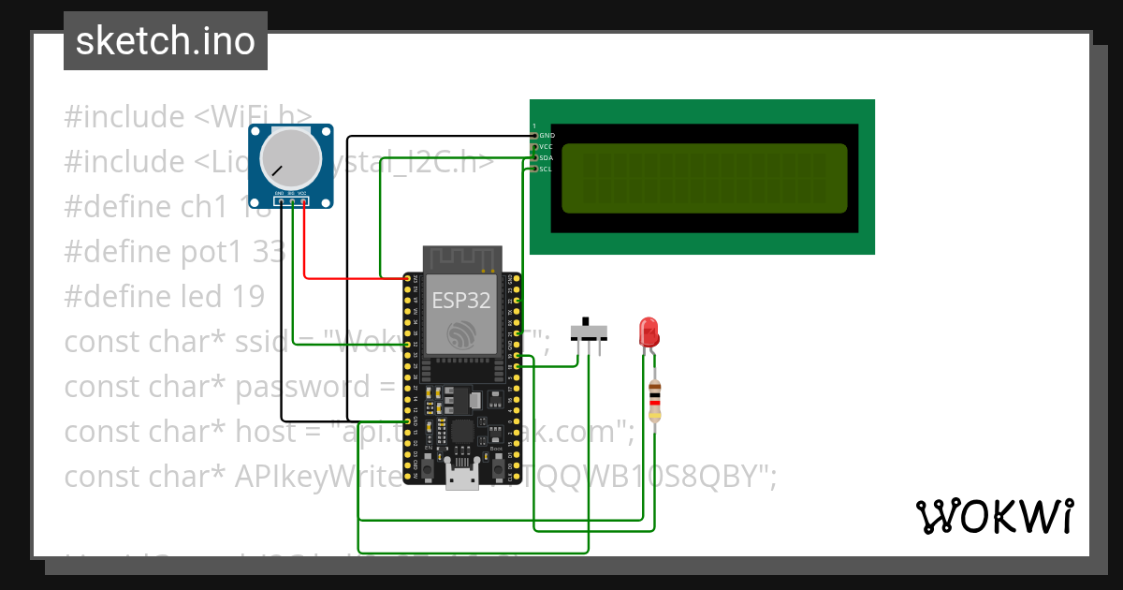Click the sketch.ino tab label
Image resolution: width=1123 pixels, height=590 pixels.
click(x=165, y=41)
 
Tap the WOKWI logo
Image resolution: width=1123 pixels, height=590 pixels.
click(x=994, y=516)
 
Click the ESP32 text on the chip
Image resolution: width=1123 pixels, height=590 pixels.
click(x=461, y=300)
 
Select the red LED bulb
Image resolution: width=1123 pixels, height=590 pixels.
click(x=648, y=332)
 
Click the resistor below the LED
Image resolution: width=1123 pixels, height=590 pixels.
click(x=655, y=401)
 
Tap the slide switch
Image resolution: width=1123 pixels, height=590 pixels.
click(x=589, y=331)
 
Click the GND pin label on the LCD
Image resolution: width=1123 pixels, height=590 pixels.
click(x=547, y=136)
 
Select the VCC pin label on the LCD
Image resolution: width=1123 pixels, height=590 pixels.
click(x=547, y=147)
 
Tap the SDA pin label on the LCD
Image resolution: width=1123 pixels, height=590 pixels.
click(x=547, y=158)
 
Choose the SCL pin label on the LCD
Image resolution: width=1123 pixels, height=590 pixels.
click(x=546, y=170)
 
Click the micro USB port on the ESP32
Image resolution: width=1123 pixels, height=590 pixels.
click(x=459, y=480)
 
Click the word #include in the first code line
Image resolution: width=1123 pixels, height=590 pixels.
click(x=124, y=117)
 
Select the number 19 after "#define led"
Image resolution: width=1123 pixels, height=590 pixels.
click(x=248, y=297)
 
